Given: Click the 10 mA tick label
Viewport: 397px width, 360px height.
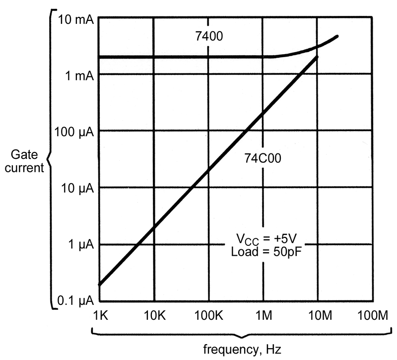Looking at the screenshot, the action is point(76,19).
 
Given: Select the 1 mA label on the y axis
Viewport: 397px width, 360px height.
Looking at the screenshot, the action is point(79,75).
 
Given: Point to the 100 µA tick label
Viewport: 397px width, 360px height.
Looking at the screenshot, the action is point(74,133).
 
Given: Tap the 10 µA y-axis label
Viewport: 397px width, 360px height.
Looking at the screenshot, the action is point(77,189).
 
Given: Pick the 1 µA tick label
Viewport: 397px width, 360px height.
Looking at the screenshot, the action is point(81,245).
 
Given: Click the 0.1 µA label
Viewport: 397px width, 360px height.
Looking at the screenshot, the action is point(76,301).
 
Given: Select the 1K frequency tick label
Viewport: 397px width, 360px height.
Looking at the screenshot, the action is point(101,316).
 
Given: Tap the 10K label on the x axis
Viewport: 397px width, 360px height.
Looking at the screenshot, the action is point(155,316).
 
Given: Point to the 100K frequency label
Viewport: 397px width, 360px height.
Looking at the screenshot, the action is point(209,316).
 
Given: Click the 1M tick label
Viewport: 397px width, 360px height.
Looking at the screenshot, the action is point(264,316).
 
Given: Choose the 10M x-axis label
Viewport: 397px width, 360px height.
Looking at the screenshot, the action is point(320,316).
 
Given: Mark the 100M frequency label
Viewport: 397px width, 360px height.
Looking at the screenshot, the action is point(373,316).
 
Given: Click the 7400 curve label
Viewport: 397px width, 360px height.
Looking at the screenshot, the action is point(209,36).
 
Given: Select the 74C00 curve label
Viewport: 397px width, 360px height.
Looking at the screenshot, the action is point(263,158).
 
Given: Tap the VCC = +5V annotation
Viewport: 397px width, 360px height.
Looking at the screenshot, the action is point(266,239).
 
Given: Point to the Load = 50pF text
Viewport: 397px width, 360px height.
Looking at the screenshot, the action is point(266,252).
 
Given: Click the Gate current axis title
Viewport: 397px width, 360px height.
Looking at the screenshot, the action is point(24,161).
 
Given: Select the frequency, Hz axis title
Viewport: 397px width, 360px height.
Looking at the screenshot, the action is point(242,350).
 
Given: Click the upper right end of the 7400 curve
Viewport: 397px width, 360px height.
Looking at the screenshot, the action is point(337,36).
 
